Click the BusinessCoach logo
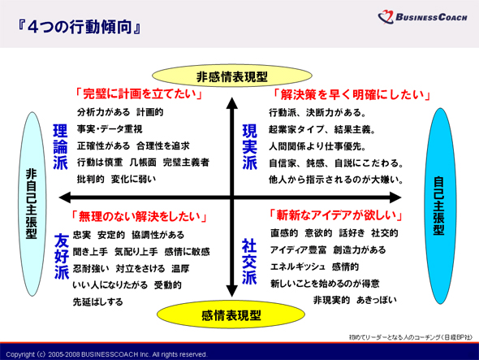[422, 17]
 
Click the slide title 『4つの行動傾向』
[80, 27]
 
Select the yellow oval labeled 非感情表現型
[232, 76]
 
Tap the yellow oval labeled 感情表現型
[231, 314]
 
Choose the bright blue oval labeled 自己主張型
[439, 206]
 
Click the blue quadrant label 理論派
[60, 147]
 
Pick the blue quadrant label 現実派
[249, 147]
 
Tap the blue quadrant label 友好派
[62, 256]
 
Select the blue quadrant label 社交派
[249, 262]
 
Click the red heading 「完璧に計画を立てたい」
[139, 93]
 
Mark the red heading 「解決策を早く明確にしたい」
[352, 94]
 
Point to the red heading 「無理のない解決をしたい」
[140, 216]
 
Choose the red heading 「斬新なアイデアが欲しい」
[336, 215]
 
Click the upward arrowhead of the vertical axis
[232, 102]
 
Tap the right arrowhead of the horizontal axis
[395, 197]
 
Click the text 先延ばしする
[97, 301]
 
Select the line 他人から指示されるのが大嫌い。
[336, 180]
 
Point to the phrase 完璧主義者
[186, 162]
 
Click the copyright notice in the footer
[106, 354]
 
